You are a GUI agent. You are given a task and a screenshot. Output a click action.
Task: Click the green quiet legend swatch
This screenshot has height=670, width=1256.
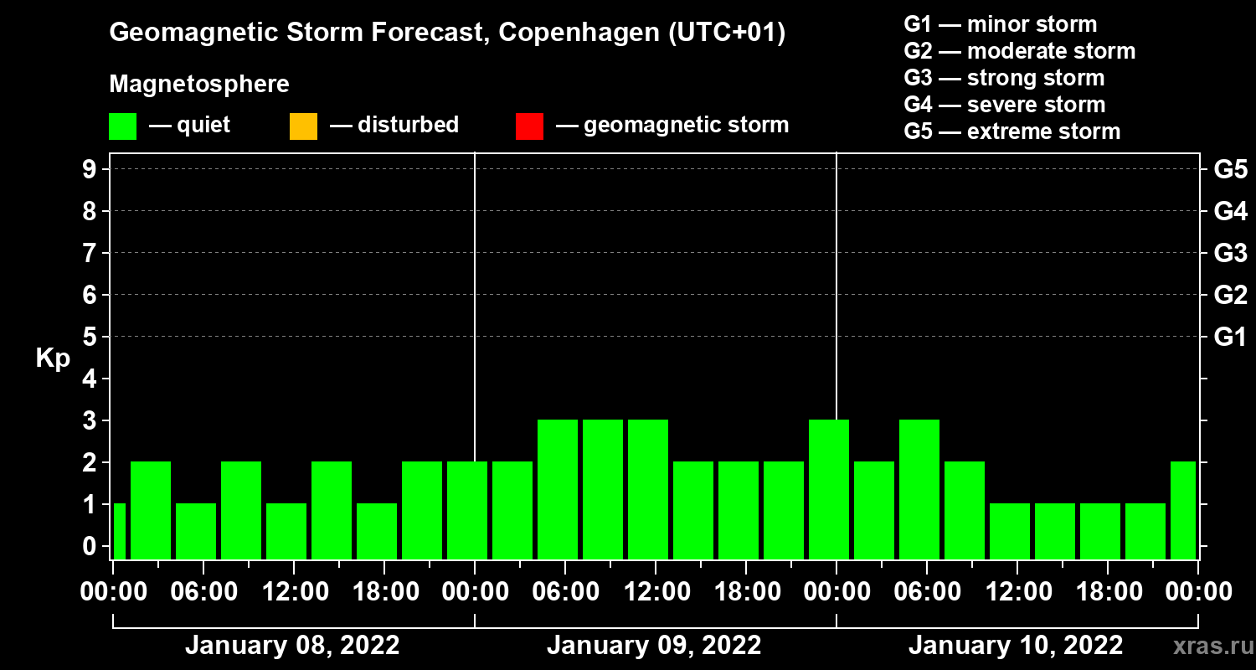click(122, 126)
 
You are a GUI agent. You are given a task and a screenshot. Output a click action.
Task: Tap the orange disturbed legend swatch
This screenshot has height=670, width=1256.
click(303, 126)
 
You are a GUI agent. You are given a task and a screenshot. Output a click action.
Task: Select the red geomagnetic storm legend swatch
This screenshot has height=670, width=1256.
click(529, 126)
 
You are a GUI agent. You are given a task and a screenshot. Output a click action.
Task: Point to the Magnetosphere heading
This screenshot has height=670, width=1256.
click(199, 85)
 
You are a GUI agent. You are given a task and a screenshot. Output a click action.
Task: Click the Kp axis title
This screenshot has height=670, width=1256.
click(53, 358)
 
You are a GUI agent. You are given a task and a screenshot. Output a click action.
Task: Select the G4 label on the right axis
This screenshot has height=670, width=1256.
click(1230, 211)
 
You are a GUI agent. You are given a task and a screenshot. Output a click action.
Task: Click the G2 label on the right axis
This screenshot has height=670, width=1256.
click(1230, 295)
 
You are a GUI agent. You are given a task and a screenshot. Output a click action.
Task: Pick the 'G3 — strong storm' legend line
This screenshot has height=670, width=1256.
click(1004, 78)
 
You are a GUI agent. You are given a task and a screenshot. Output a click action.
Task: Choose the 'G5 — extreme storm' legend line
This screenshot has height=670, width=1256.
click(1011, 131)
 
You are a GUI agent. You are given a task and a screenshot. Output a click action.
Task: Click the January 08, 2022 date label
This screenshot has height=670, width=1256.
click(292, 646)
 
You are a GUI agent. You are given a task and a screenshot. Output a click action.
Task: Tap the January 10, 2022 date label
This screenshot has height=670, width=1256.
click(1016, 646)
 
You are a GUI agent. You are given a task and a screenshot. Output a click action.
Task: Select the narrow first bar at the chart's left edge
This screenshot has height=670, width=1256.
click(119, 531)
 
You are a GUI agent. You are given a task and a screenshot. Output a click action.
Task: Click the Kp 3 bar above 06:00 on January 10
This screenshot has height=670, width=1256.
click(919, 489)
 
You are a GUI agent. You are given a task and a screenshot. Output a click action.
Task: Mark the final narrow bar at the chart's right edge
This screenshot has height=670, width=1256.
click(1182, 510)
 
